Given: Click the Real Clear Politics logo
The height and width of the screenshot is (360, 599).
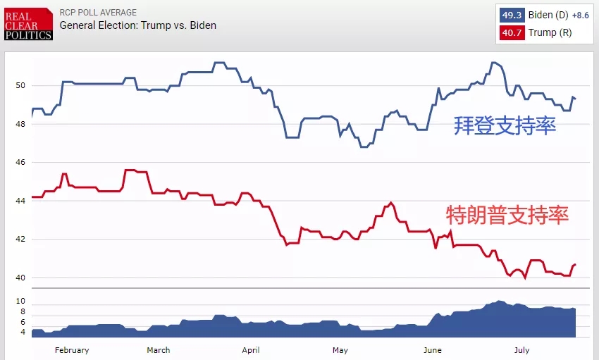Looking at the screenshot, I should tap(28, 24).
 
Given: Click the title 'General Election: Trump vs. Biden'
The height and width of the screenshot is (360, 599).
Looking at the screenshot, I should tap(138, 25).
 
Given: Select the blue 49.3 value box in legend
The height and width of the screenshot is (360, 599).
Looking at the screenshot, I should tap(512, 15).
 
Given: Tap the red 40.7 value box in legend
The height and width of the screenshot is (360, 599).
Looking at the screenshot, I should tap(512, 32).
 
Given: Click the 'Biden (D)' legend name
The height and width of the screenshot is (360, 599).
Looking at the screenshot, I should tap(548, 15).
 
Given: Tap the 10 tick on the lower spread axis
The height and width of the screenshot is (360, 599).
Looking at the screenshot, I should tap(20, 301).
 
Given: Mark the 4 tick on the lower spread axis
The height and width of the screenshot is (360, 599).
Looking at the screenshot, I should tap(23, 331).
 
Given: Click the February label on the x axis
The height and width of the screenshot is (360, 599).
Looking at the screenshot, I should tap(72, 350).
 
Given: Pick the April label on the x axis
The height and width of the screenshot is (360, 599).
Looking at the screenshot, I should tap(251, 350).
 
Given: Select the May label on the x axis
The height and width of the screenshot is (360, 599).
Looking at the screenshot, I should tap(340, 350).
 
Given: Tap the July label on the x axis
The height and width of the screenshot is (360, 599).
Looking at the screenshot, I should tap(521, 350).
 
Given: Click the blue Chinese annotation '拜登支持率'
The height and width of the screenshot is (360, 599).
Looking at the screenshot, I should tap(505, 127).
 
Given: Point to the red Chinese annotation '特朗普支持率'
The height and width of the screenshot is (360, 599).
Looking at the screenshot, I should tap(507, 214).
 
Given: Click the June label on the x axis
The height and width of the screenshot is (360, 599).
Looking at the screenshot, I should tap(433, 350).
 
